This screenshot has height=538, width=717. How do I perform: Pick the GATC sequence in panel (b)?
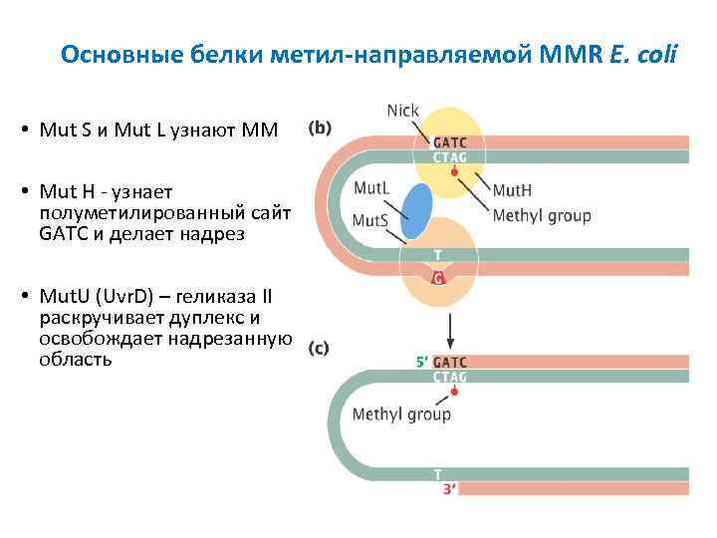448,142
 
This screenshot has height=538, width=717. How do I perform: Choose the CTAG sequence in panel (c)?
450,377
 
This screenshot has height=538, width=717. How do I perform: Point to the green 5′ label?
421,363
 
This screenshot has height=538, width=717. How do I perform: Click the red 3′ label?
449,489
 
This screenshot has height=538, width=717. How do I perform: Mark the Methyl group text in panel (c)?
401,413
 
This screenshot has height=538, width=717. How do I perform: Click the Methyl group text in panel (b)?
542,214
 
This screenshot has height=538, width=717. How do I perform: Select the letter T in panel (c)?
437,474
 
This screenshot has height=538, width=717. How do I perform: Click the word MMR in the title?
571,54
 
